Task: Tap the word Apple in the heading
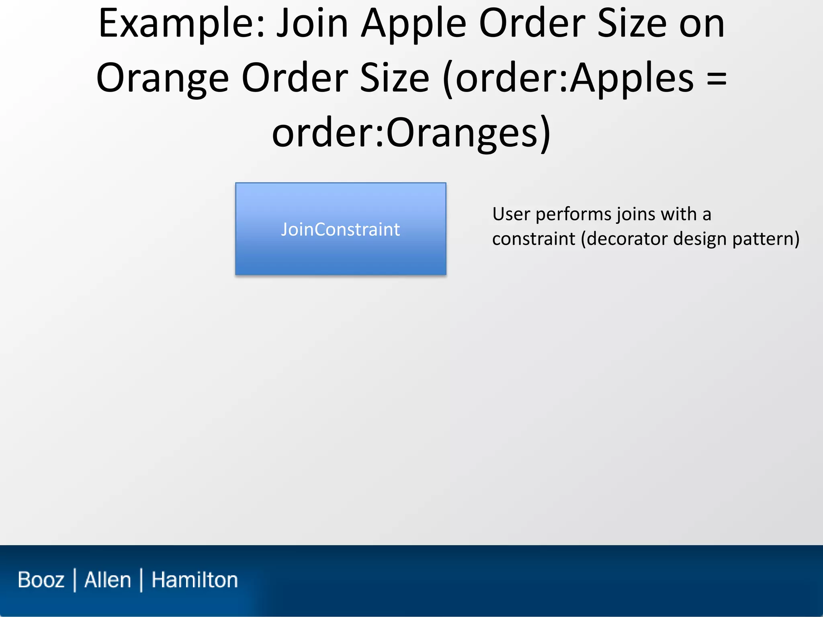click(414, 24)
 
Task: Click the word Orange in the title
click(162, 79)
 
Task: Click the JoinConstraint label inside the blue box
click(340, 229)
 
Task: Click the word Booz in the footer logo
click(41, 580)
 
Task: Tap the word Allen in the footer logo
click(108, 580)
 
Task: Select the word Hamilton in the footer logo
click(194, 580)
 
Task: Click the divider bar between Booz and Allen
click(75, 580)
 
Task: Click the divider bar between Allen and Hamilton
click(141, 580)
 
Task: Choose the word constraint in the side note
click(534, 239)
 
